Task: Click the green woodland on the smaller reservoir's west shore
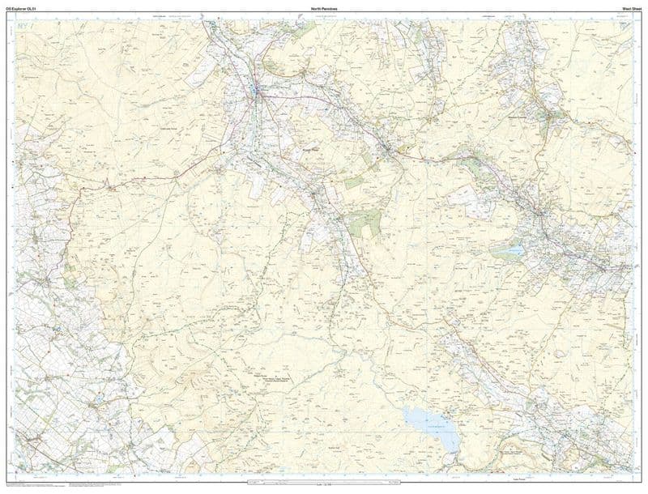[x=496, y=252]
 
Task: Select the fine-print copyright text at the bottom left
[x=32, y=486]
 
